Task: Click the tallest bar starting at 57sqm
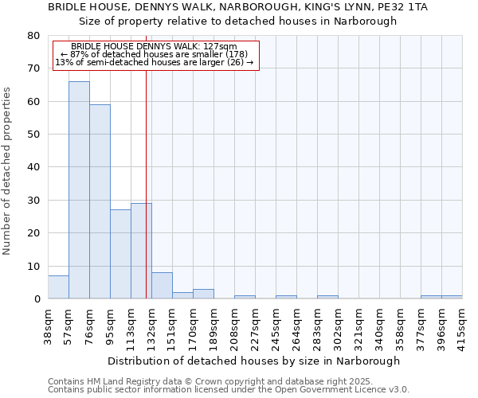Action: pos(79,190)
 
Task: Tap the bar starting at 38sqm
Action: pos(58,287)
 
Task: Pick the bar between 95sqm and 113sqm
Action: pos(120,255)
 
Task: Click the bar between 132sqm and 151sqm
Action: pos(162,286)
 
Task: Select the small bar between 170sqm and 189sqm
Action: pos(203,294)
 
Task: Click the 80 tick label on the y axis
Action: pos(33,36)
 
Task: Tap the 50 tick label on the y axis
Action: pos(33,135)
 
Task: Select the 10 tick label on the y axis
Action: pos(33,267)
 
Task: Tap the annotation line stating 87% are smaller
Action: pos(155,54)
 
